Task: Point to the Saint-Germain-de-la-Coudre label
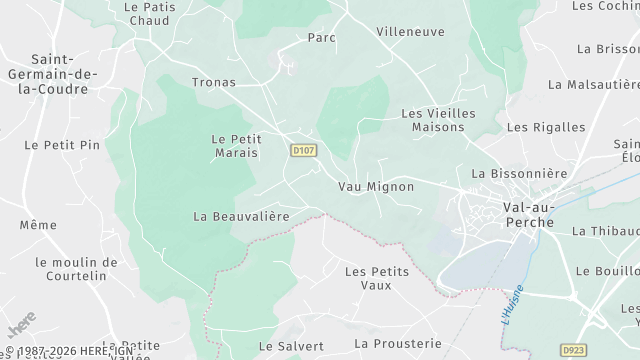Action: [x=47, y=74]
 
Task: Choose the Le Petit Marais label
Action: [x=236, y=146]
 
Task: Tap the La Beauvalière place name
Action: [x=241, y=216]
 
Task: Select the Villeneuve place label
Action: [x=410, y=32]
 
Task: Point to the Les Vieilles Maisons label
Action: [x=433, y=120]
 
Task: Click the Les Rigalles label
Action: [x=546, y=127]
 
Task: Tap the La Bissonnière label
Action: [x=519, y=173]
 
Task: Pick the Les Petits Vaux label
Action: [x=376, y=277]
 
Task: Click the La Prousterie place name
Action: [x=397, y=343]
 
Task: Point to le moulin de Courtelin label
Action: [x=70, y=269]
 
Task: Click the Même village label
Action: [x=38, y=226]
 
